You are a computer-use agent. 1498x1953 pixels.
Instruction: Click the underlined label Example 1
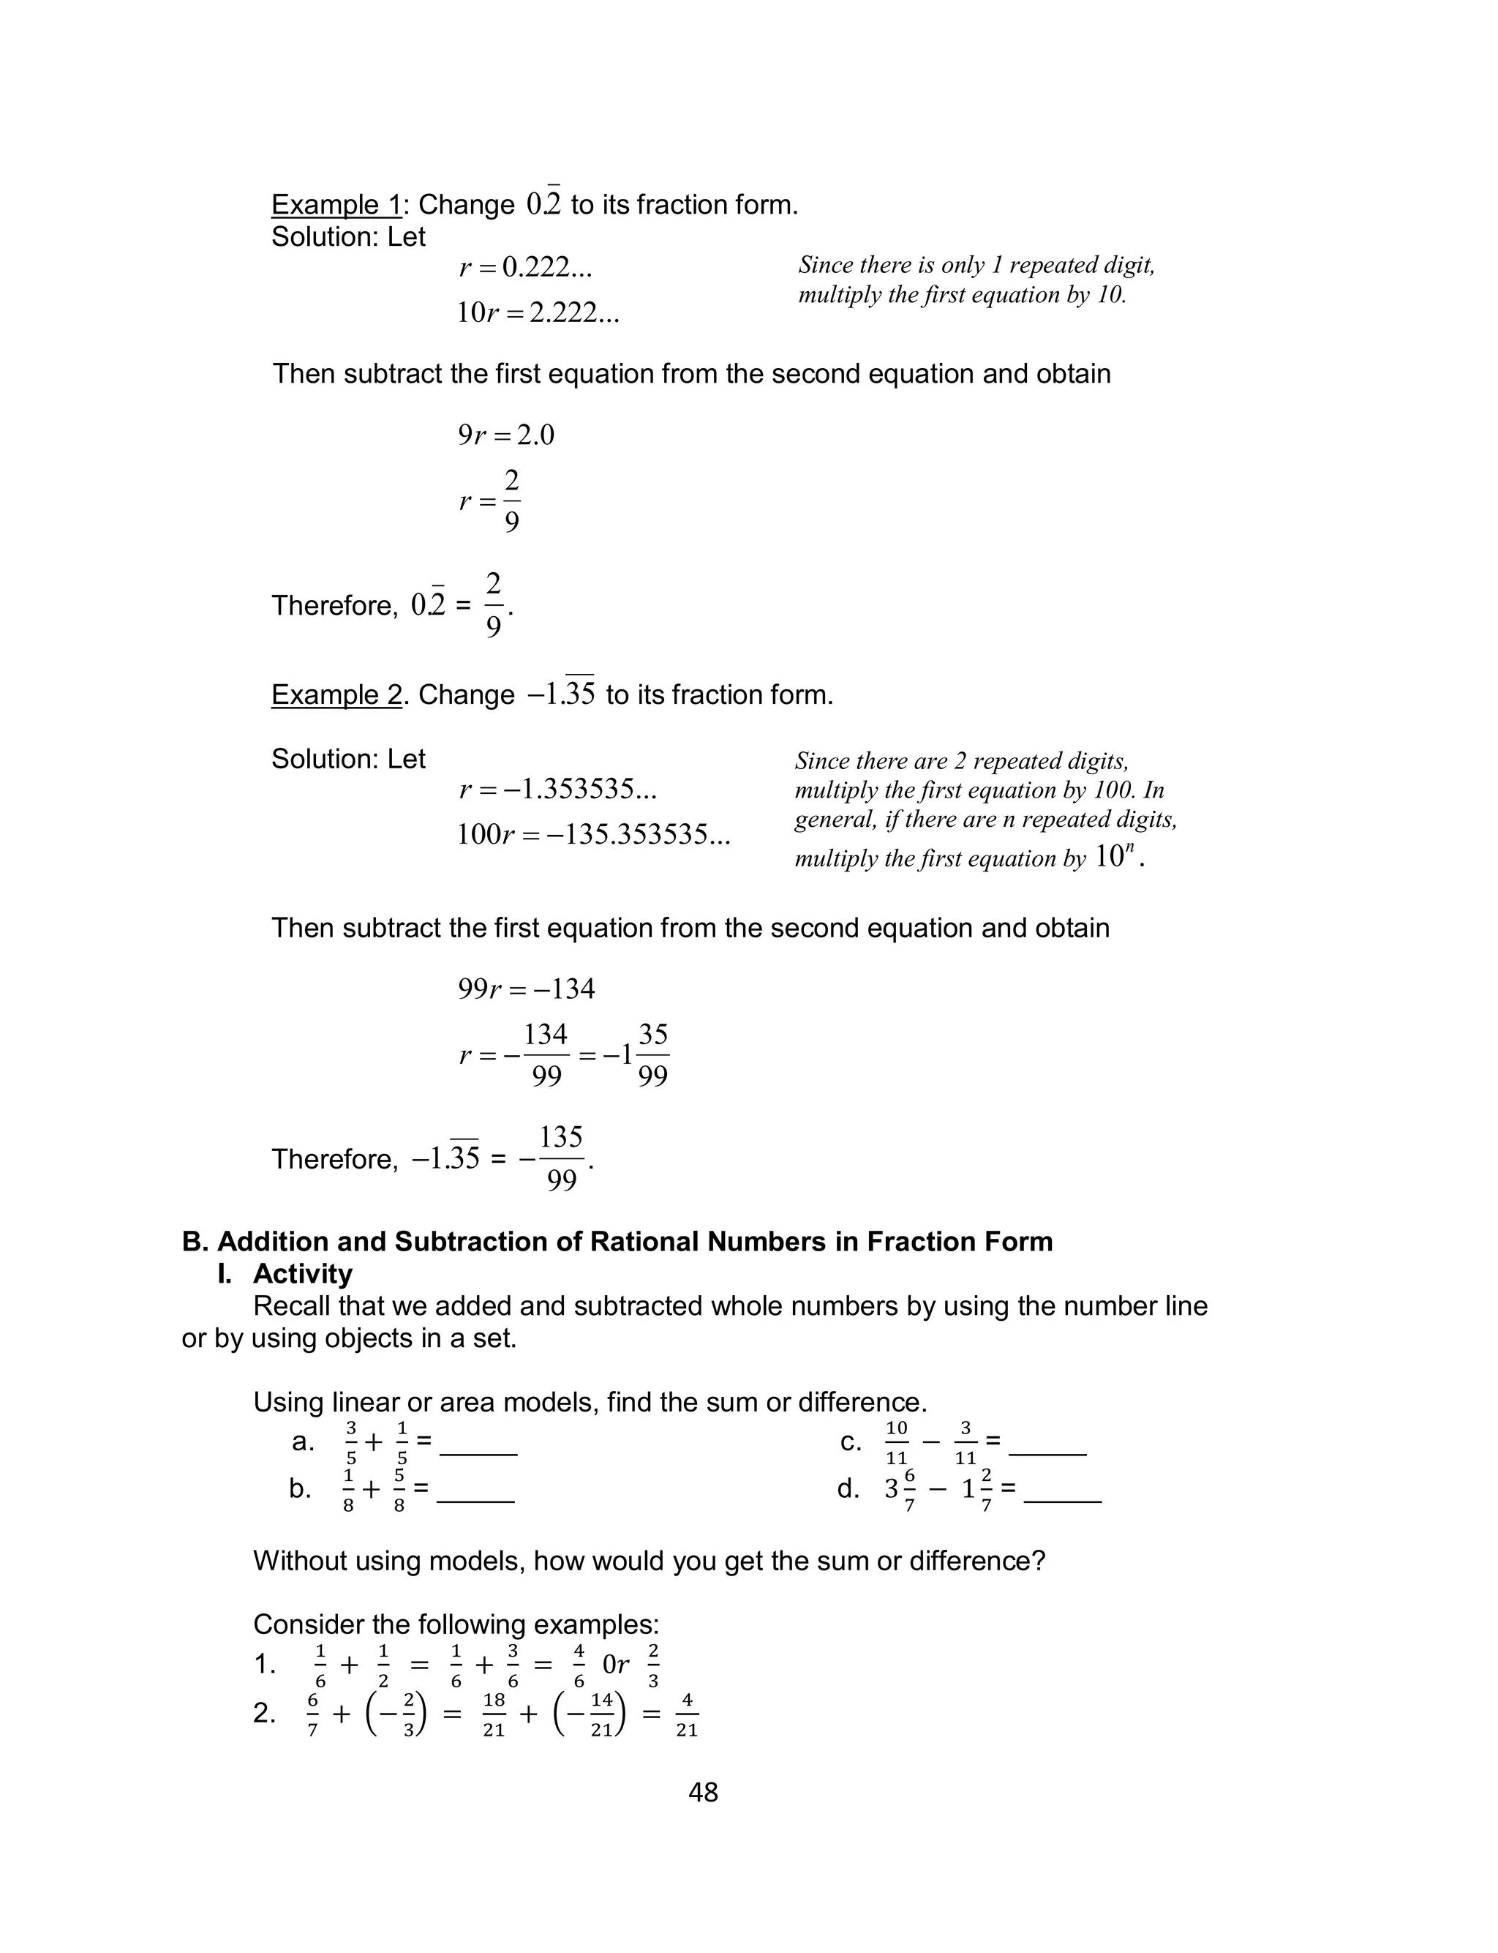pyautogui.click(x=336, y=205)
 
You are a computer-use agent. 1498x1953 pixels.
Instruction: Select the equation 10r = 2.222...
pyautogui.click(x=538, y=313)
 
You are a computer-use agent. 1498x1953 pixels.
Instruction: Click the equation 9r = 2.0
pyautogui.click(x=505, y=435)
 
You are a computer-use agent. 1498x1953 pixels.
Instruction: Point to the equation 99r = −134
pyautogui.click(x=526, y=989)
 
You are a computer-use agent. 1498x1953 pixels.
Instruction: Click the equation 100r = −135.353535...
pyautogui.click(x=593, y=836)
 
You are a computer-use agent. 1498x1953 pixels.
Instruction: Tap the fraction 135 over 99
pyautogui.click(x=561, y=1158)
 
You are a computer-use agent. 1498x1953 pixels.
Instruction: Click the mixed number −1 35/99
pyautogui.click(x=636, y=1056)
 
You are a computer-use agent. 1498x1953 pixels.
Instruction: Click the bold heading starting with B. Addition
pyautogui.click(x=617, y=1241)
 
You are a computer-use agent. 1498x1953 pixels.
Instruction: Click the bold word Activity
pyautogui.click(x=302, y=1273)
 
